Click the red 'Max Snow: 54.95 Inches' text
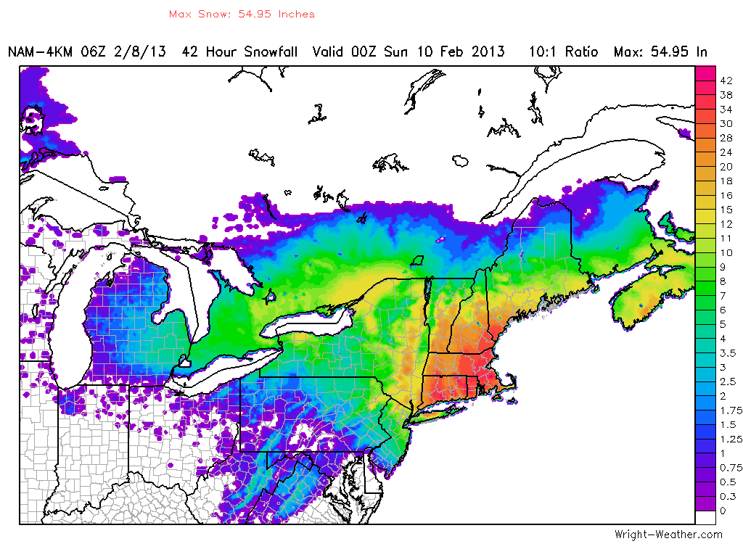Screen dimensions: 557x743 pos(242,14)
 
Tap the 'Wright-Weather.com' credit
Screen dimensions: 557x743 pos(668,535)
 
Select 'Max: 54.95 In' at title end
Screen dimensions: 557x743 pos(660,52)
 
